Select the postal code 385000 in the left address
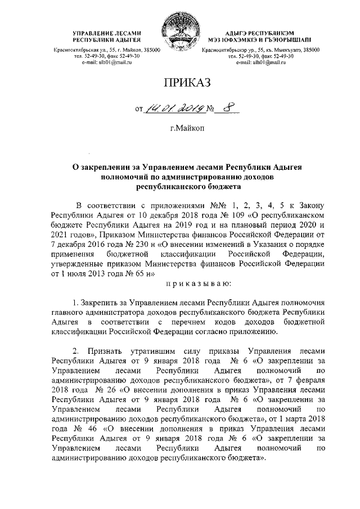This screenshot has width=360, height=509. [150, 50]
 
